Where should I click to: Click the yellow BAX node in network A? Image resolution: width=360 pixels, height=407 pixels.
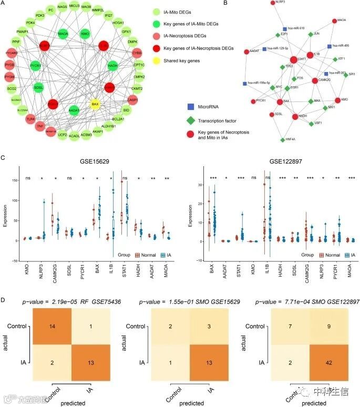click(x=95, y=104)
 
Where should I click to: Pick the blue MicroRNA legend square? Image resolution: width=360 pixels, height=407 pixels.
click(x=191, y=107)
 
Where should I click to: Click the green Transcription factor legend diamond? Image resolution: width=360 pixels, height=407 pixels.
click(x=191, y=119)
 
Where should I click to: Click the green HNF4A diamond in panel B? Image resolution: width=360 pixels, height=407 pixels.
click(x=283, y=139)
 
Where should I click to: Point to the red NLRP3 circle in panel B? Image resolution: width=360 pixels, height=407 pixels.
click(x=273, y=3)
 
